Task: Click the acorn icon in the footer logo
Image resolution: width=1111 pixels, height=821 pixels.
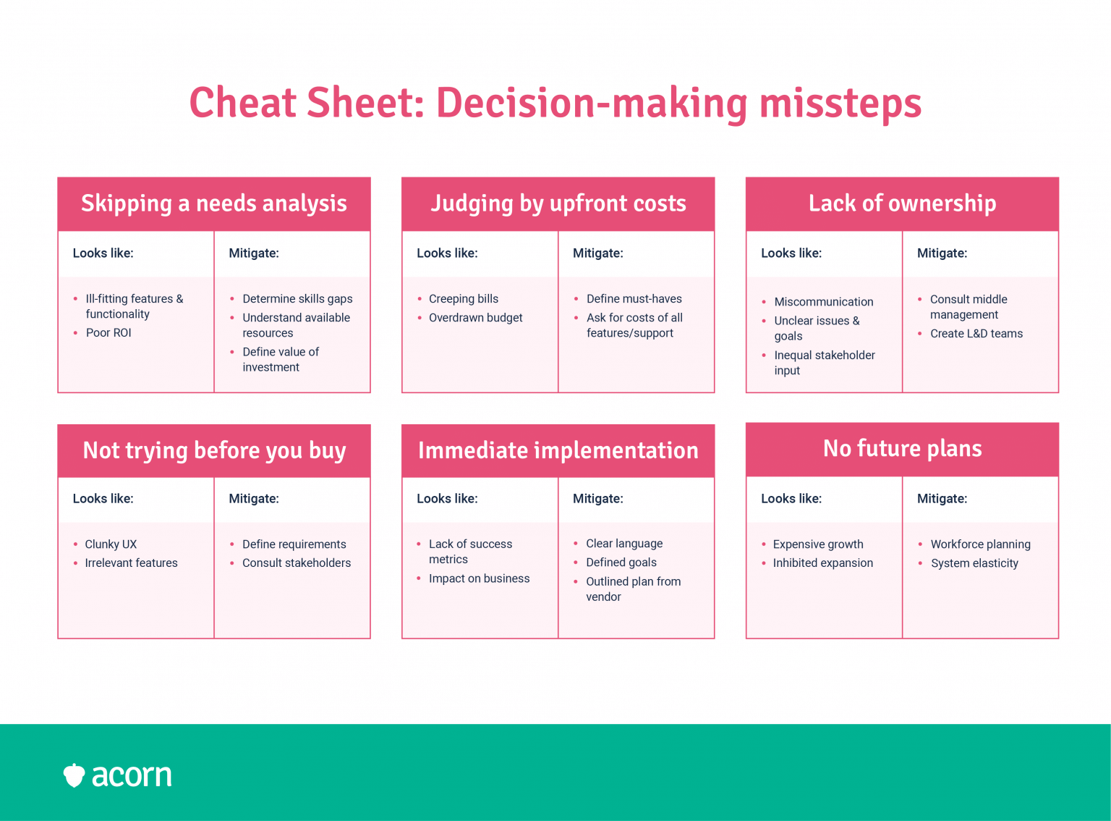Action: click(x=74, y=775)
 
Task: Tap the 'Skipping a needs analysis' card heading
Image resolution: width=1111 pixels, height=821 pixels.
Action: click(x=214, y=203)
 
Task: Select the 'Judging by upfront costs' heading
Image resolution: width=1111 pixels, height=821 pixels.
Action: click(x=558, y=203)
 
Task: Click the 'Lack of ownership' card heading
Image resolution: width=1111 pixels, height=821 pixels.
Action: click(x=902, y=203)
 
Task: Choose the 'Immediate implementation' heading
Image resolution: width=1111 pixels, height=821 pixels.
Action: click(x=558, y=450)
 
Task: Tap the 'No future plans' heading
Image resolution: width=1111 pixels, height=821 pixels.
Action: click(x=902, y=448)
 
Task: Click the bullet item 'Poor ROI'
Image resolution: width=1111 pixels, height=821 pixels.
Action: click(x=108, y=332)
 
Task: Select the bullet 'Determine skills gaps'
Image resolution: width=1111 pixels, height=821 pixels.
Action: click(x=297, y=299)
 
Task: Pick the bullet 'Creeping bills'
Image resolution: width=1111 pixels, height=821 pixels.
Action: click(x=464, y=299)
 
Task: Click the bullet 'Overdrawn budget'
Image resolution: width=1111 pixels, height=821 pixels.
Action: click(x=475, y=317)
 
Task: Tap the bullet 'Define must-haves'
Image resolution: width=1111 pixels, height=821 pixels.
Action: click(x=634, y=299)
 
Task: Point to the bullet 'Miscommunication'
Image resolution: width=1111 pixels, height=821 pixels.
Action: click(x=823, y=302)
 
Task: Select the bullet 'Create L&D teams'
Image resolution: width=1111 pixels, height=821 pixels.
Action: click(x=976, y=334)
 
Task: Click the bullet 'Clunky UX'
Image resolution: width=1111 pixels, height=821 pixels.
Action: click(x=111, y=544)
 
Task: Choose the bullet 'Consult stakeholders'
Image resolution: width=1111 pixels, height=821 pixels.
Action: click(x=297, y=563)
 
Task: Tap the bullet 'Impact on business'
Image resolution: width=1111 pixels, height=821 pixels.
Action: click(x=479, y=578)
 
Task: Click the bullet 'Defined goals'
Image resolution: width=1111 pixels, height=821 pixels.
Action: click(x=621, y=563)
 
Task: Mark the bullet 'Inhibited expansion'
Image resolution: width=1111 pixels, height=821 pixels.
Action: click(x=822, y=563)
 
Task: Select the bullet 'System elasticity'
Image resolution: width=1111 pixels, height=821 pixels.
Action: click(x=974, y=563)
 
